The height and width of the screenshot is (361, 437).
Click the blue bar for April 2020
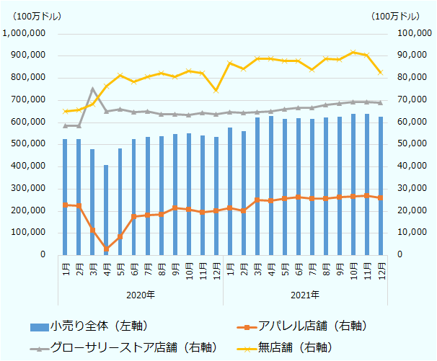point(106,210)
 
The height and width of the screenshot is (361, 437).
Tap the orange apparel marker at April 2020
point(106,249)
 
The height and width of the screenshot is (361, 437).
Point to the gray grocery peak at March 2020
point(92,89)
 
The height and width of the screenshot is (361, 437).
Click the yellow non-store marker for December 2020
point(216,90)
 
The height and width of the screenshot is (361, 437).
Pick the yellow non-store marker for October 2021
point(353,53)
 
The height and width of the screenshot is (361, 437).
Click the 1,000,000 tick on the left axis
point(25,33)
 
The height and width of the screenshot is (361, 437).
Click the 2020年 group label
point(141,295)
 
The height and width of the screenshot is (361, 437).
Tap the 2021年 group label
point(305,295)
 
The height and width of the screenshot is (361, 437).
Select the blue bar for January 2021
point(229,191)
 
